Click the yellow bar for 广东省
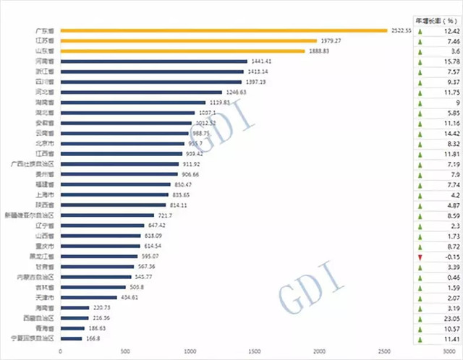(x=224, y=31)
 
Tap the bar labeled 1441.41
(x=154, y=62)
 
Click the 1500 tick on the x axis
(x=255, y=351)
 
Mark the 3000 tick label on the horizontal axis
(x=450, y=351)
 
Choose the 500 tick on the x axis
(x=125, y=351)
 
